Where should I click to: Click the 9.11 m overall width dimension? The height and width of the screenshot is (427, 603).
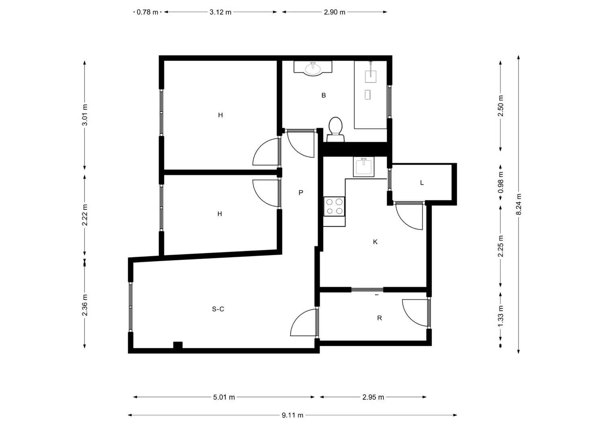(x=292, y=415)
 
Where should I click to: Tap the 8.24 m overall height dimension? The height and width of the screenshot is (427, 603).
(x=519, y=204)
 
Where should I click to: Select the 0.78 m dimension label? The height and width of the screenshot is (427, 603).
(x=147, y=12)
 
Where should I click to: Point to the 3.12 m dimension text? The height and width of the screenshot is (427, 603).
(x=220, y=12)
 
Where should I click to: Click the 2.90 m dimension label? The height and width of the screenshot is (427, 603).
(x=334, y=12)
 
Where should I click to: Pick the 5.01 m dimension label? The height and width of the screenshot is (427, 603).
(x=224, y=397)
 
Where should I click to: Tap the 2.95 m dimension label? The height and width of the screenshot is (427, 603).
(x=373, y=397)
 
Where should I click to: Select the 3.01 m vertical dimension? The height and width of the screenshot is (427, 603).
(x=85, y=115)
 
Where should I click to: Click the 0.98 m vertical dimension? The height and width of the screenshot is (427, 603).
(x=500, y=182)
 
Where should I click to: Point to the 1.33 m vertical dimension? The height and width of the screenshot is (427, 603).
(x=500, y=316)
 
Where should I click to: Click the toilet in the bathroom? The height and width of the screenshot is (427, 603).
(x=335, y=130)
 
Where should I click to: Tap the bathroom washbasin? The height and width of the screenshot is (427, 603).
(x=313, y=68)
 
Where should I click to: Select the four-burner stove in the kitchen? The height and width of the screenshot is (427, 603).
(x=334, y=206)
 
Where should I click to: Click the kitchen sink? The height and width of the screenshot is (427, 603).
(x=363, y=167)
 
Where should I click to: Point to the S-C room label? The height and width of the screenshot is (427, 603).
(x=218, y=309)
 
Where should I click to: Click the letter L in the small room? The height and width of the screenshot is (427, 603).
(x=422, y=183)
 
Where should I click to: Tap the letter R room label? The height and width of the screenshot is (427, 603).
(x=379, y=318)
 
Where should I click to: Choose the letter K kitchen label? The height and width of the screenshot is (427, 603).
(x=375, y=242)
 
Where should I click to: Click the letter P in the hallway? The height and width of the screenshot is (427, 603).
(x=301, y=192)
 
